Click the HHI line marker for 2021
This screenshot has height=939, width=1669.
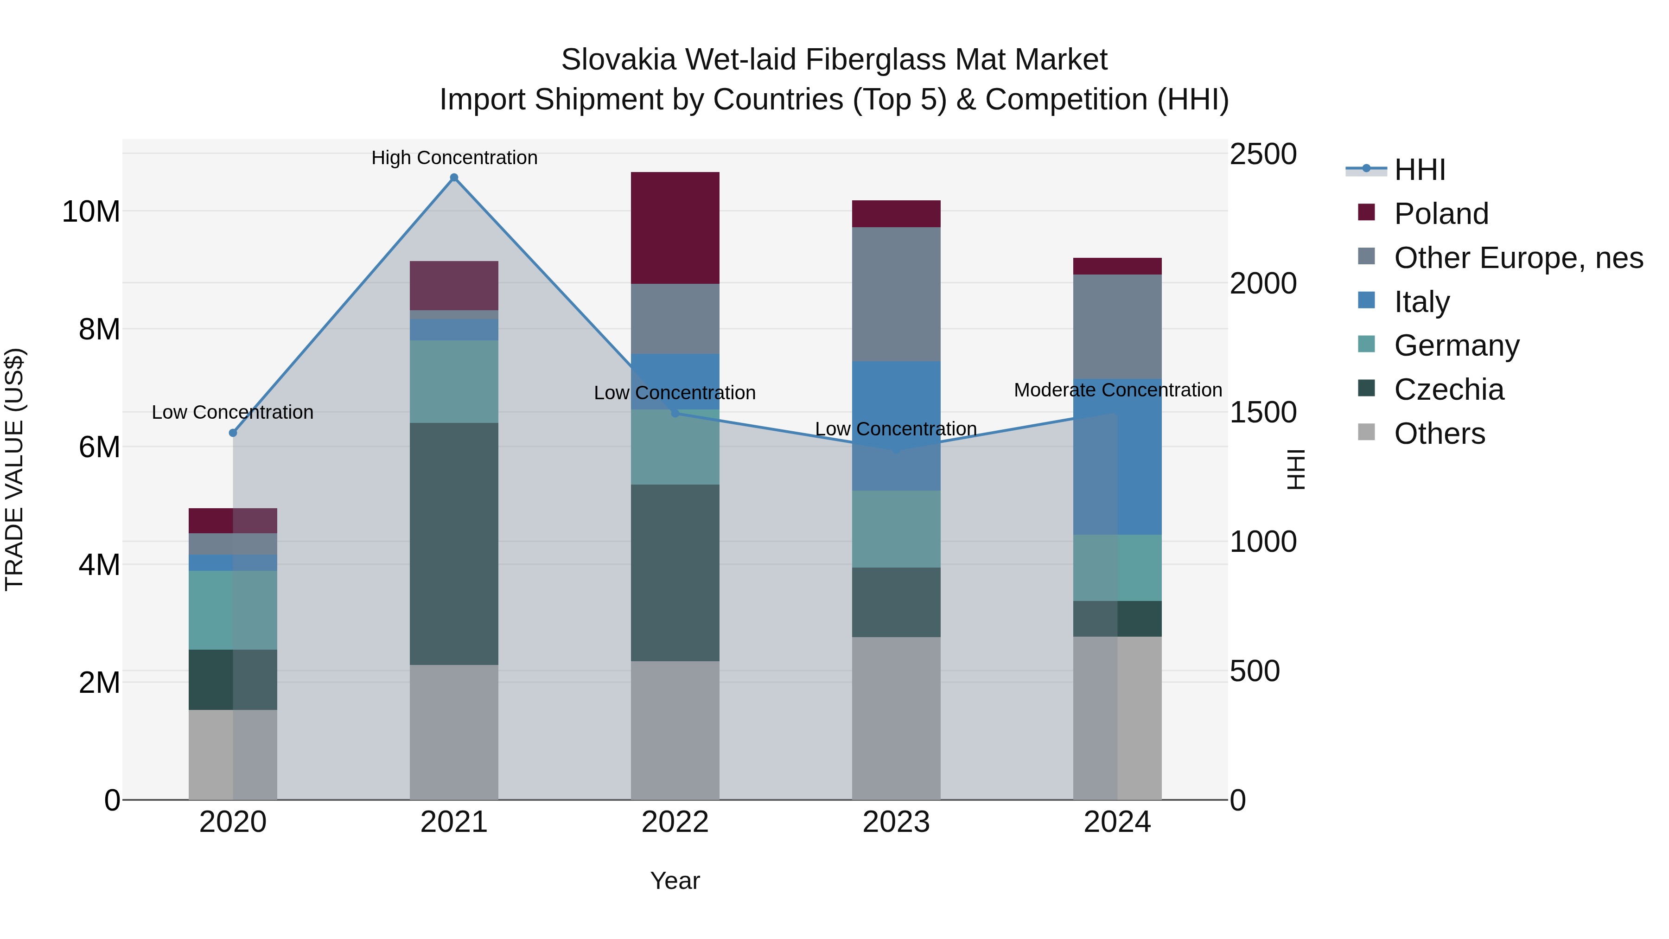click(x=454, y=178)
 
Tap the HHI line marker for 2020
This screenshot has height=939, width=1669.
click(x=233, y=433)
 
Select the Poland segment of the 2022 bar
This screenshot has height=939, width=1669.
click(x=675, y=228)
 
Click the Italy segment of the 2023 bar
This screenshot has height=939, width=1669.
click(x=896, y=426)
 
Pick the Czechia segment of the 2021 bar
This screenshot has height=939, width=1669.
click(x=454, y=544)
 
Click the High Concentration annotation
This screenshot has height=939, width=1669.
click(x=454, y=158)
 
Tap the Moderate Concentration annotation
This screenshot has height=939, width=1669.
click(x=1118, y=390)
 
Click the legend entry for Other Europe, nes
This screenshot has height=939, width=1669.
click(x=1518, y=258)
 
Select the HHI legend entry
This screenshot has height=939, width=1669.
click(x=1419, y=170)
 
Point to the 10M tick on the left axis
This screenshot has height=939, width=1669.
click(x=91, y=212)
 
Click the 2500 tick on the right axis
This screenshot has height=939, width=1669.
click(x=1263, y=154)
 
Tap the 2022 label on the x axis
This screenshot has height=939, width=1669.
click(x=675, y=822)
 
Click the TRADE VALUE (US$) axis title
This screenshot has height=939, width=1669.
click(x=14, y=469)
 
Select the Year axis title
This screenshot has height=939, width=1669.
click(x=675, y=881)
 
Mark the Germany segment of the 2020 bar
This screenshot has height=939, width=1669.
click(x=233, y=610)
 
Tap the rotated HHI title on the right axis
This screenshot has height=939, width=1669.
click(x=1296, y=469)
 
